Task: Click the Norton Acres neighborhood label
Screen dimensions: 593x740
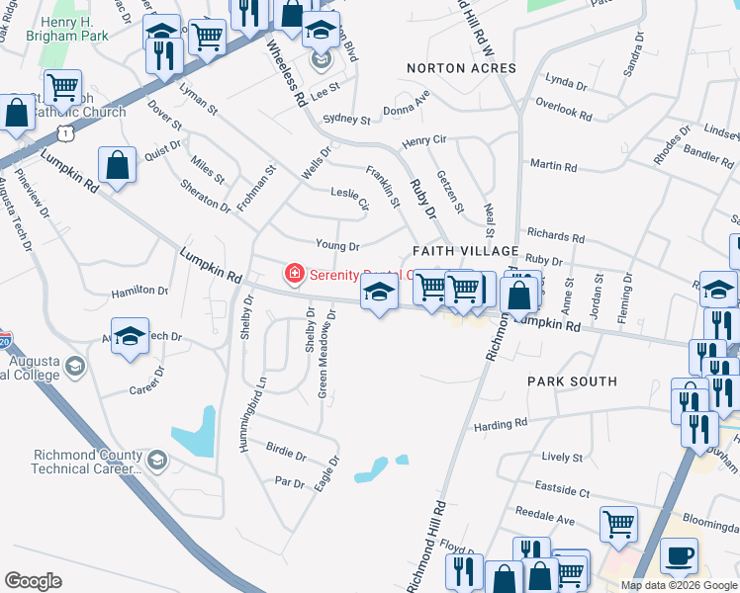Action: [x=462, y=68]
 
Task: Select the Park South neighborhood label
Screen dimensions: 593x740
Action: [x=572, y=381]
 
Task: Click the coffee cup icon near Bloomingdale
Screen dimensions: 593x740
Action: [x=679, y=555]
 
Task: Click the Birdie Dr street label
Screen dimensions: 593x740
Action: [x=286, y=454]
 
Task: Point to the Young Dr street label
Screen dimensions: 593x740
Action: [x=337, y=245]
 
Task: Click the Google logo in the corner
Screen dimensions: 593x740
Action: [x=33, y=581]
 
